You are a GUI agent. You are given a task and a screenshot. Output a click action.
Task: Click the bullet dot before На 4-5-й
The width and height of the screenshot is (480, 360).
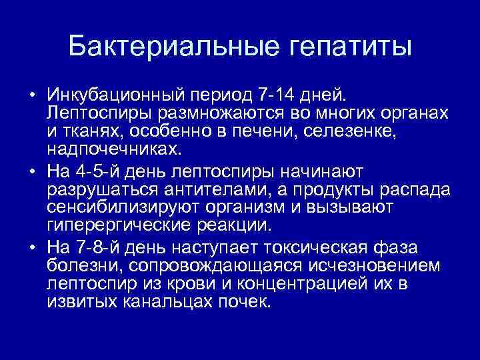pos(32,172)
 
